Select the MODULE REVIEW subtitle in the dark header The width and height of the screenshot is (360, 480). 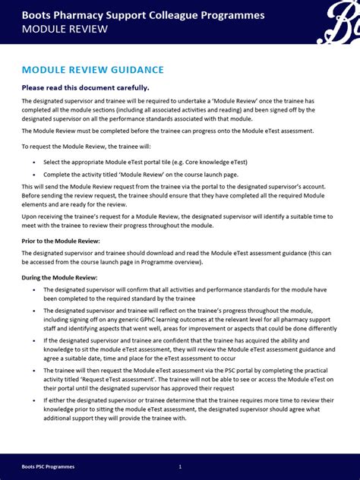65,30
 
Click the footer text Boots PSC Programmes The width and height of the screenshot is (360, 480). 48,466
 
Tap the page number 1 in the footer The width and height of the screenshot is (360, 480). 180,466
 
